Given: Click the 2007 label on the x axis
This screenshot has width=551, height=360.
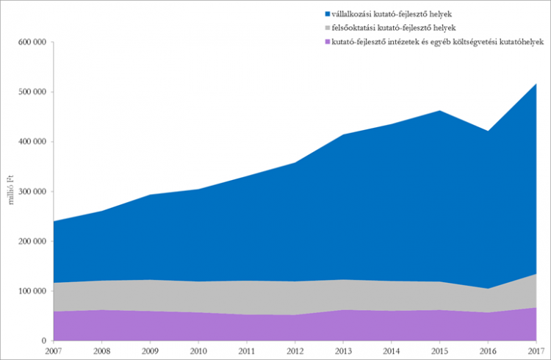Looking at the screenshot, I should point(53,351).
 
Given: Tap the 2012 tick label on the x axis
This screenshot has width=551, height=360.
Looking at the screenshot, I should point(295,351).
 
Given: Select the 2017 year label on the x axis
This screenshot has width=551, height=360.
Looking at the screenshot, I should point(536,351).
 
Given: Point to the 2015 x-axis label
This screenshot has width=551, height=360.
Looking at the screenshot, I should point(439,351).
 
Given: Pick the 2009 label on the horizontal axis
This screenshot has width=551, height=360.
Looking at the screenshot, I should point(150,351).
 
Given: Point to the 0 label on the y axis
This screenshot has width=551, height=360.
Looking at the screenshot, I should point(45,341).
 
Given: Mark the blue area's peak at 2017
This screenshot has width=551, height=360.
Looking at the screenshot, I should point(536,84).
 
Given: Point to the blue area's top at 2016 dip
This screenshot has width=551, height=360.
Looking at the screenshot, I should point(488,132).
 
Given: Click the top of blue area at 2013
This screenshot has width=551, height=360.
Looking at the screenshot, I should point(343,134).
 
